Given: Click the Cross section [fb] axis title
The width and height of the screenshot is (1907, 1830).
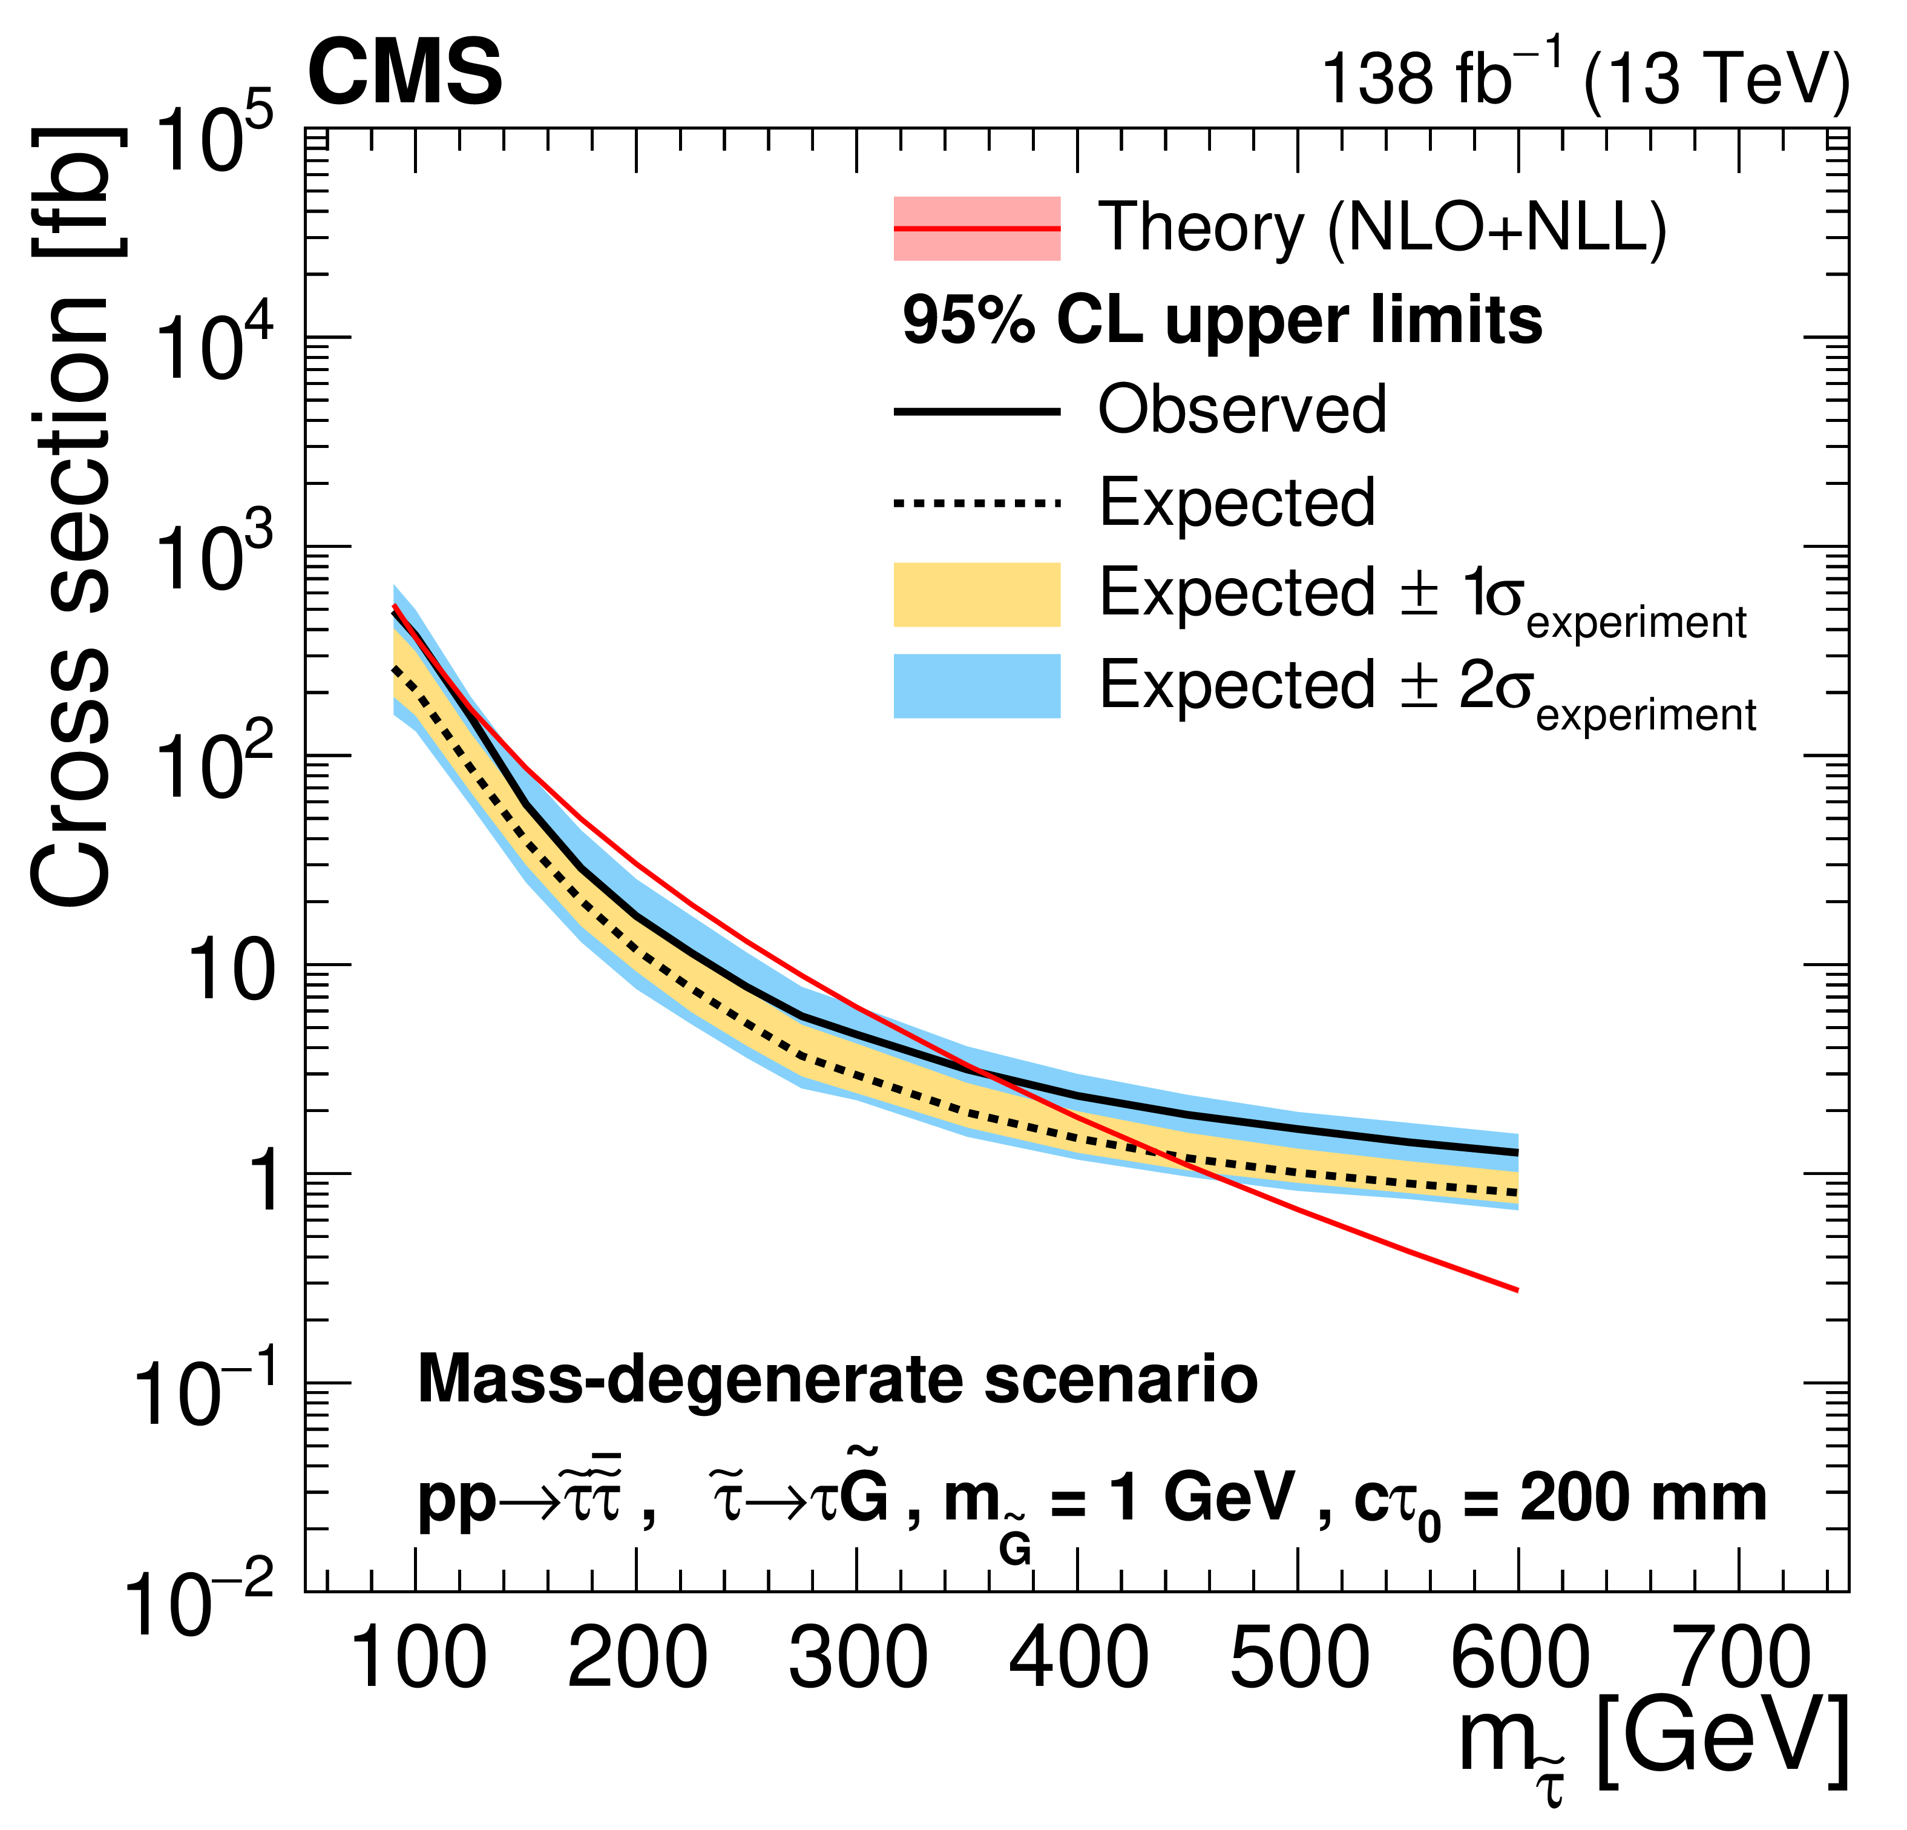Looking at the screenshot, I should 73,516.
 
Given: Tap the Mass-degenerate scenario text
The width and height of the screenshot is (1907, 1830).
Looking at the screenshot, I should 837,1380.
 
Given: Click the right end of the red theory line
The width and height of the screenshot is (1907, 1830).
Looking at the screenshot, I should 1517,1290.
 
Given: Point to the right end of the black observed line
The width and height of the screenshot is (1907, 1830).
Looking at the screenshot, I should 1517,1153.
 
